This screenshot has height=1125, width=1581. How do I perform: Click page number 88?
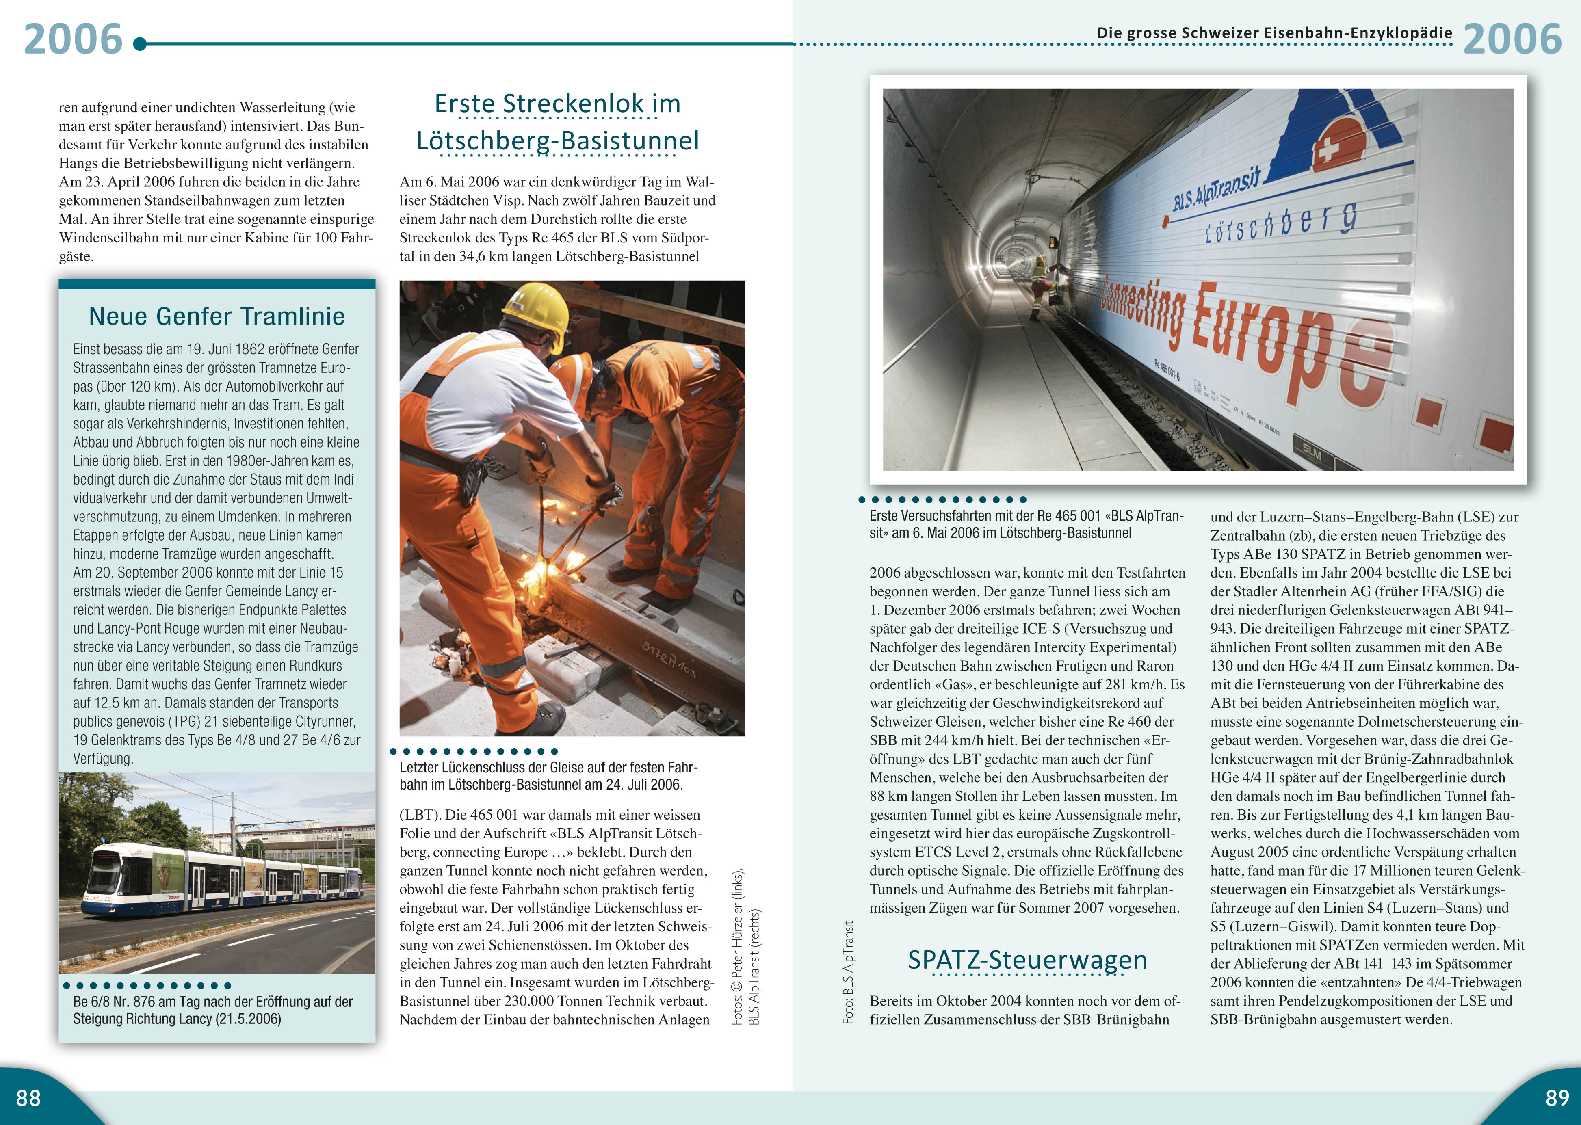click(28, 1097)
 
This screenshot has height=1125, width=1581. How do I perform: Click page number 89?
click(1557, 1097)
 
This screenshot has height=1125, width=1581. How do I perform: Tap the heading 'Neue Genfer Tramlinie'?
click(217, 316)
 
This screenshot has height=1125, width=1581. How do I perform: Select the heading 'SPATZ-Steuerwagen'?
click(1027, 959)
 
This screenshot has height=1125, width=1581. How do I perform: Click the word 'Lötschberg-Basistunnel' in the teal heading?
click(558, 141)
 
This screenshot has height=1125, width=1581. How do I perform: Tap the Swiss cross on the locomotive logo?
click(1328, 149)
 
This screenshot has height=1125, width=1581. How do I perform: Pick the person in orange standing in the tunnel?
click(1039, 286)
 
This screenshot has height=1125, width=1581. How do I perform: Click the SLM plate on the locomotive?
click(1312, 453)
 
